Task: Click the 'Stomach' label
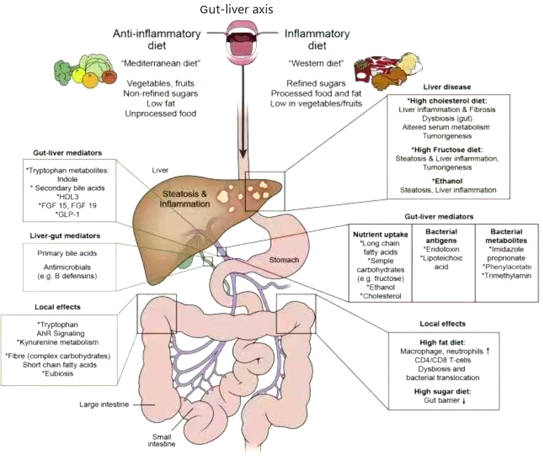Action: tap(284, 260)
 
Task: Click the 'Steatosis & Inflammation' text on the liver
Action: tap(183, 199)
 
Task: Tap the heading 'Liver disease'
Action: tap(447, 87)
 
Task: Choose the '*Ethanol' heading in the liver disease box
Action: tap(448, 180)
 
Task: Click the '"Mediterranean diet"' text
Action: tap(161, 63)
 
